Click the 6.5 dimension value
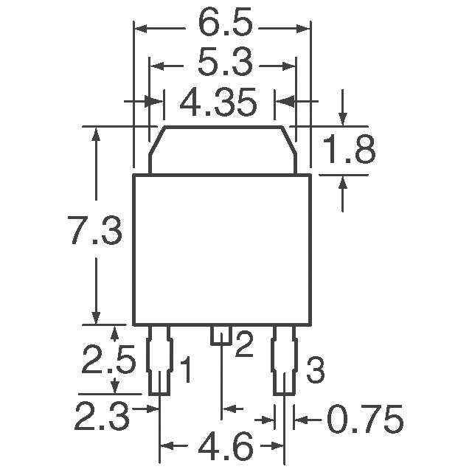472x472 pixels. (221, 25)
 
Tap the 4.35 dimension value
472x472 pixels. (218, 103)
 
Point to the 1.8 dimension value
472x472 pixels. (350, 150)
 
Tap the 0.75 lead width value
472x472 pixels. (366, 420)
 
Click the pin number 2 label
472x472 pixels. (244, 344)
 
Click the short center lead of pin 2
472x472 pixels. (222, 335)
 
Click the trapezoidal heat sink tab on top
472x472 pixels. (221, 150)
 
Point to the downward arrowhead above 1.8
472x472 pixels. (342, 119)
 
